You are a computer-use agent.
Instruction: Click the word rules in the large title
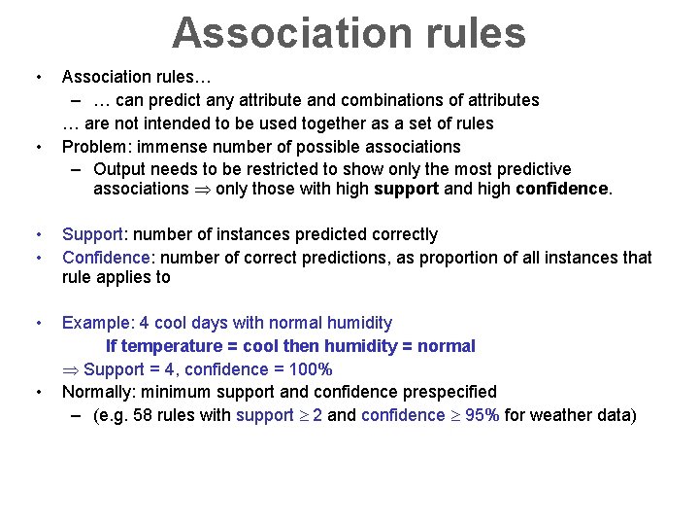pyautogui.click(x=476, y=32)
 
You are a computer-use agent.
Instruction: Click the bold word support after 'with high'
pyautogui.click(x=406, y=189)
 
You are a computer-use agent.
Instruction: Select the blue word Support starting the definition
pyautogui.click(x=92, y=234)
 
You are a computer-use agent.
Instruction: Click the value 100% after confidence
pyautogui.click(x=311, y=369)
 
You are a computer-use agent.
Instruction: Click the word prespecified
pyautogui.click(x=449, y=392)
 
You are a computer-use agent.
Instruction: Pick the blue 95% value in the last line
pyautogui.click(x=483, y=415)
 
